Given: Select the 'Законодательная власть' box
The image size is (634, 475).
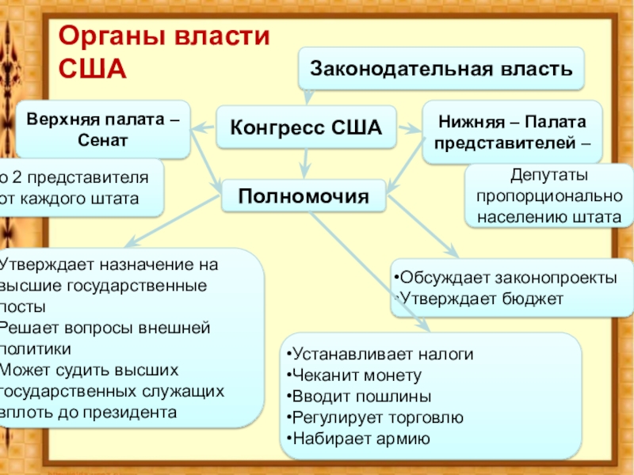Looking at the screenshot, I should pos(441,68).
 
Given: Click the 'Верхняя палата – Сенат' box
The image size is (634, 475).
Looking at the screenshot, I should pos(103,129).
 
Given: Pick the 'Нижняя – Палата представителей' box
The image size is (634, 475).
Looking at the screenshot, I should pos(512,131).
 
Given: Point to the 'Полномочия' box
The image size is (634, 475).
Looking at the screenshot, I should pos(305,195).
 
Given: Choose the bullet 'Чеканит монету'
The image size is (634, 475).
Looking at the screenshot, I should pos(357,375).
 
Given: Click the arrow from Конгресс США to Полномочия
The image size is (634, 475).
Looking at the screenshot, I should pos(305,164).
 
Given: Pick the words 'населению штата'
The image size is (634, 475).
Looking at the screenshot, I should pos(548,216).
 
